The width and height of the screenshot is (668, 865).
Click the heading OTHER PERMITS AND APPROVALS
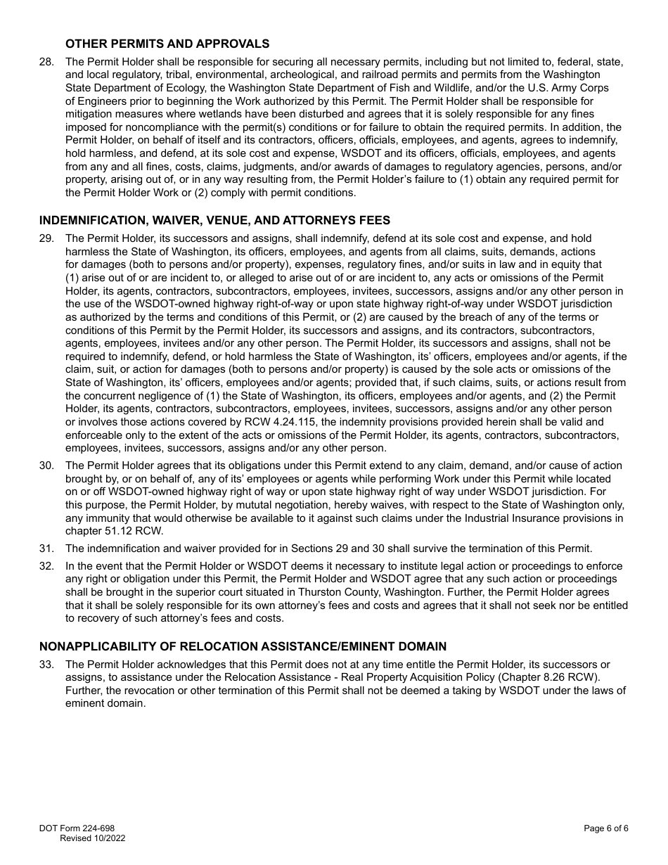click(167, 44)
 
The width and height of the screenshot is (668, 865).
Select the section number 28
click(46, 62)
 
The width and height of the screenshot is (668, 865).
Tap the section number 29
click(46, 238)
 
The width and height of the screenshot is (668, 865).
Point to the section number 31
click(46, 549)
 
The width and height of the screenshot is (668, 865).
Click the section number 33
click(46, 665)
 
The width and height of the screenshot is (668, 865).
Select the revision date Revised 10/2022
click(92, 838)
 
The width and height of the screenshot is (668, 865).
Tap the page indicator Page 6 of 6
click(605, 828)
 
